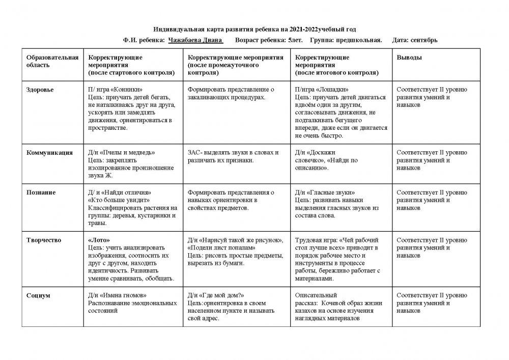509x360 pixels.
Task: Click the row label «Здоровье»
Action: [x=40, y=90]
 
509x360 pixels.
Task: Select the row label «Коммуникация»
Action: [x=49, y=152]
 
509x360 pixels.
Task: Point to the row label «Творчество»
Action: [x=44, y=239]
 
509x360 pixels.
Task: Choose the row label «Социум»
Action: [x=37, y=295]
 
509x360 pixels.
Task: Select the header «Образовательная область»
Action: [x=52, y=62]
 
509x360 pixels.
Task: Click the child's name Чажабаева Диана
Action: [x=196, y=40]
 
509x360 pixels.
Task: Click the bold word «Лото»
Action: [x=99, y=239]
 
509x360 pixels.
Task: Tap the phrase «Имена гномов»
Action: [x=124, y=295]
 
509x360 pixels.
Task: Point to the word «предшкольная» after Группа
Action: [x=361, y=40]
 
